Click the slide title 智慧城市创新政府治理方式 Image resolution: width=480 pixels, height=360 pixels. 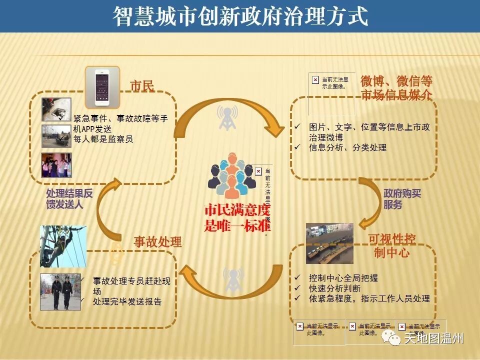click(x=240, y=16)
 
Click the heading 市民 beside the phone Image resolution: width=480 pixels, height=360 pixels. click(x=142, y=86)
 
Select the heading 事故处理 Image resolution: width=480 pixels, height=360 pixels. click(x=157, y=242)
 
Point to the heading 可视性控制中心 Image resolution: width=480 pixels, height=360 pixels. click(x=392, y=245)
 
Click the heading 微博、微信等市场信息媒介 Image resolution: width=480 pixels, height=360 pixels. click(x=396, y=88)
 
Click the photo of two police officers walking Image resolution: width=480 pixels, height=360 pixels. click(x=60, y=292)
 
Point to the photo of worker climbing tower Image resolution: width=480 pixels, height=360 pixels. click(x=63, y=245)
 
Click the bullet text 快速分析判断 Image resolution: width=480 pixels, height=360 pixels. click(x=334, y=288)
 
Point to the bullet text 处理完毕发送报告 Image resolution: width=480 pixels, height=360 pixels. click(x=127, y=302)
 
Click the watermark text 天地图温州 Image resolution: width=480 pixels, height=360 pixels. click(x=433, y=338)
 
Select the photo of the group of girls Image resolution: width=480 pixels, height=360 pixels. click(x=56, y=165)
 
